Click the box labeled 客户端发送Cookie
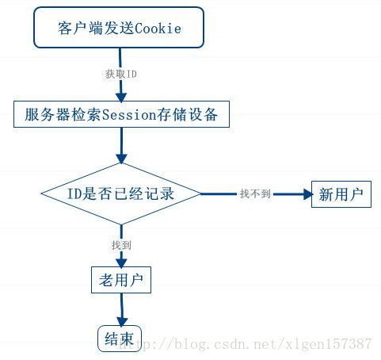pyautogui.click(x=118, y=28)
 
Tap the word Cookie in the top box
pyautogui.click(x=158, y=29)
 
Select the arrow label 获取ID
pyautogui.click(x=121, y=74)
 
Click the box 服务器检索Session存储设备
pyautogui.click(x=122, y=114)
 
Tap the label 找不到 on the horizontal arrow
pyautogui.click(x=255, y=193)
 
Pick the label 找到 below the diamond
pyautogui.click(x=121, y=243)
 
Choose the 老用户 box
pyautogui.click(x=120, y=279)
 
